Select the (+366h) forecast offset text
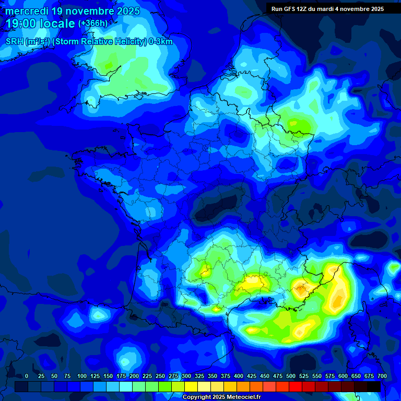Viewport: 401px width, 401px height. click(93, 23)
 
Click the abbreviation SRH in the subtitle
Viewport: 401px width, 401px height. click(15, 42)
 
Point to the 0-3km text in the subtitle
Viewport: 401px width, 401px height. click(160, 42)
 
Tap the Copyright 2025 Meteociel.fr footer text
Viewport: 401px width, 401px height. click(221, 397)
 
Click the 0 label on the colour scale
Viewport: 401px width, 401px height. click(27, 376)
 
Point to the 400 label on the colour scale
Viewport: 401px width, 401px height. click(239, 376)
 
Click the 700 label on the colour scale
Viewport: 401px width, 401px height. click(382, 376)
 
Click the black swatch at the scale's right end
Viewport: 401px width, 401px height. click(374, 386)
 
